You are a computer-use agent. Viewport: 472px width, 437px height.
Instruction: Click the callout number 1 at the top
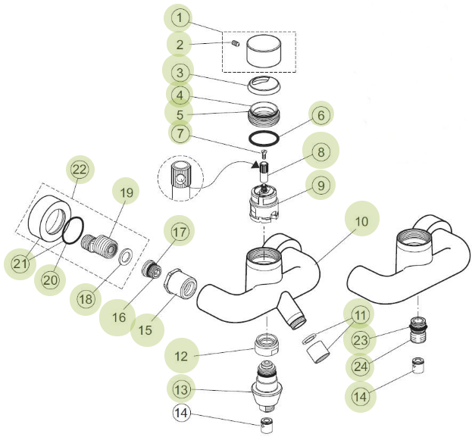coord(179,17)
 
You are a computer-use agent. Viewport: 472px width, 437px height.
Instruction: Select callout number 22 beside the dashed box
coord(80,170)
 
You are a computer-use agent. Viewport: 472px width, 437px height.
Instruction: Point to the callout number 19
coord(127,192)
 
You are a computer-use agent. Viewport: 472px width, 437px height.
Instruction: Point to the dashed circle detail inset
coord(179,179)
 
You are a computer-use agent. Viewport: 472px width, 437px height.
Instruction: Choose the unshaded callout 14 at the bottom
coord(181,413)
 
